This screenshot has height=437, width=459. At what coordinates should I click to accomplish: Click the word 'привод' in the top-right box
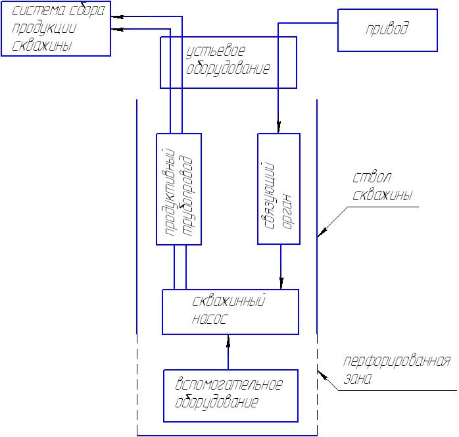[387, 30]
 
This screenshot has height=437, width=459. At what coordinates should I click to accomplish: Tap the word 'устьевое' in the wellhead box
[216, 51]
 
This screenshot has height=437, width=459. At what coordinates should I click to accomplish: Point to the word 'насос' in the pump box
[210, 319]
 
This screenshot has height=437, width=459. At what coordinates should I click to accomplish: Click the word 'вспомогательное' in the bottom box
[229, 384]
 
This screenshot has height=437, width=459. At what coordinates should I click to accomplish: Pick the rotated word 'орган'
[287, 211]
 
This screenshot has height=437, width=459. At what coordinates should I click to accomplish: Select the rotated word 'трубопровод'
[189, 195]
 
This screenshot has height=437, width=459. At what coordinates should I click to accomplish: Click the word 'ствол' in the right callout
[372, 177]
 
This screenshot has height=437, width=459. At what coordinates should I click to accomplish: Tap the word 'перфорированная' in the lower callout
[397, 362]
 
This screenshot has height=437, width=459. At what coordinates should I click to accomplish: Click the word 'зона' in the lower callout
[358, 378]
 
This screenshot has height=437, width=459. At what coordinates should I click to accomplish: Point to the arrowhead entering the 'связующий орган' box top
[278, 127]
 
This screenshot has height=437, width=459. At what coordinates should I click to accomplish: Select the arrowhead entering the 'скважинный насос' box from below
[228, 341]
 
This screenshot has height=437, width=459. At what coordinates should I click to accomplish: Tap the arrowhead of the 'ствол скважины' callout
[322, 232]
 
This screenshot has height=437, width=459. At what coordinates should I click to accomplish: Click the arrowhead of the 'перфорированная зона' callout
[322, 375]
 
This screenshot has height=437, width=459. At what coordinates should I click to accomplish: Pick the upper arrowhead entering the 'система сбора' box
[118, 16]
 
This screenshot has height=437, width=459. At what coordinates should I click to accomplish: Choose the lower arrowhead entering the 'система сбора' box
[118, 29]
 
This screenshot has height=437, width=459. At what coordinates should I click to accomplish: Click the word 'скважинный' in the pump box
[229, 301]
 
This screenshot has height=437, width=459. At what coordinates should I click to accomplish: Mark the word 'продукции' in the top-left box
[44, 29]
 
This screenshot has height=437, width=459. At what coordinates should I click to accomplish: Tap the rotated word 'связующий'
[270, 195]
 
